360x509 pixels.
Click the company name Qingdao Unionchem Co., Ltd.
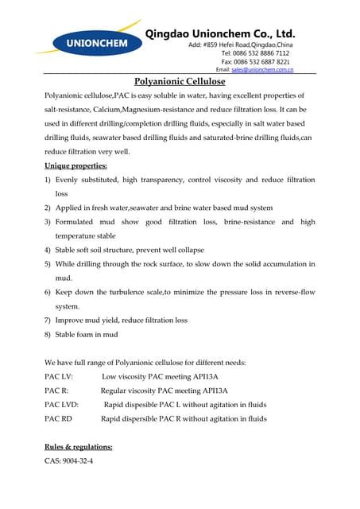click(221, 33)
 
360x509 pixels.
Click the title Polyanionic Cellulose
click(180, 81)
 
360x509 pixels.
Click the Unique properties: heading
click(75, 165)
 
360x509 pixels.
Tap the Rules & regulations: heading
click(78, 446)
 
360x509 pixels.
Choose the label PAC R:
click(56, 390)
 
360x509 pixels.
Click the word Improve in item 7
click(72, 321)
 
